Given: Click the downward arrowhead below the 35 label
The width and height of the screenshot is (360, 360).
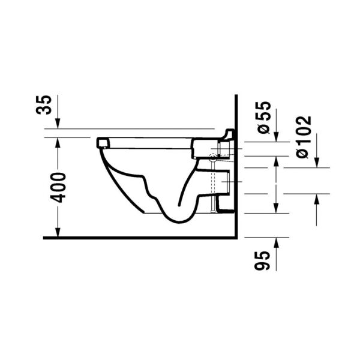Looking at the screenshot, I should (58, 124).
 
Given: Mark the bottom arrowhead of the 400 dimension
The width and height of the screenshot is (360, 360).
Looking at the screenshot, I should (58, 233).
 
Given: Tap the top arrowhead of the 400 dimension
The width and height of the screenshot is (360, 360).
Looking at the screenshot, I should (58, 140).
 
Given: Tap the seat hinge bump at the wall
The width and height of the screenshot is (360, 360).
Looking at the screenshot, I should (229, 133).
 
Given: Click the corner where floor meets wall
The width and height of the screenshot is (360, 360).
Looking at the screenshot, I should (238, 238).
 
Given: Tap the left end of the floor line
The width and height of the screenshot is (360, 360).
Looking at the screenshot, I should (46, 238).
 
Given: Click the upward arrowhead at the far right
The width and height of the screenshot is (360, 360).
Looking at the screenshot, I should (316, 198).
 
